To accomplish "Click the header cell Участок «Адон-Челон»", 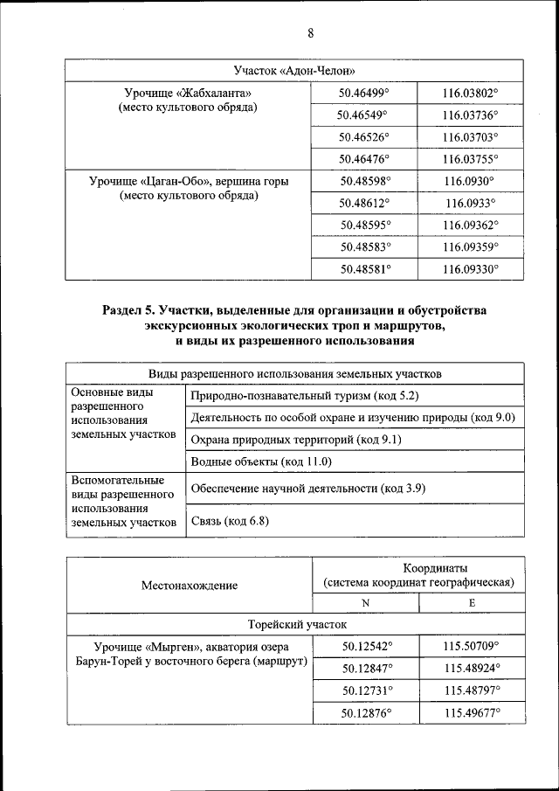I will [x=294, y=70].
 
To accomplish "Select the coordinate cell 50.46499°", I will [x=364, y=92].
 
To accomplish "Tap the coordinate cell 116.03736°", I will [x=470, y=114].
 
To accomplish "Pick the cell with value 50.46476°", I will [x=364, y=159].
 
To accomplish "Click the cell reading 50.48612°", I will [x=364, y=204].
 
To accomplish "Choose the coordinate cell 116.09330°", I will [x=470, y=270].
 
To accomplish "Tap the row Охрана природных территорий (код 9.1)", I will [x=296, y=440].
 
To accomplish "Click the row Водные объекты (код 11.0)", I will [x=261, y=461].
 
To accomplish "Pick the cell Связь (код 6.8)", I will [x=230, y=522].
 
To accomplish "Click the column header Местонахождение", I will [x=189, y=586].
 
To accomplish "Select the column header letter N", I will [x=365, y=603].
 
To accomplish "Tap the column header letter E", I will [x=472, y=603].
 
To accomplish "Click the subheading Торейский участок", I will [x=296, y=625].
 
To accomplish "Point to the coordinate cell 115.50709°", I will [x=471, y=647].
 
